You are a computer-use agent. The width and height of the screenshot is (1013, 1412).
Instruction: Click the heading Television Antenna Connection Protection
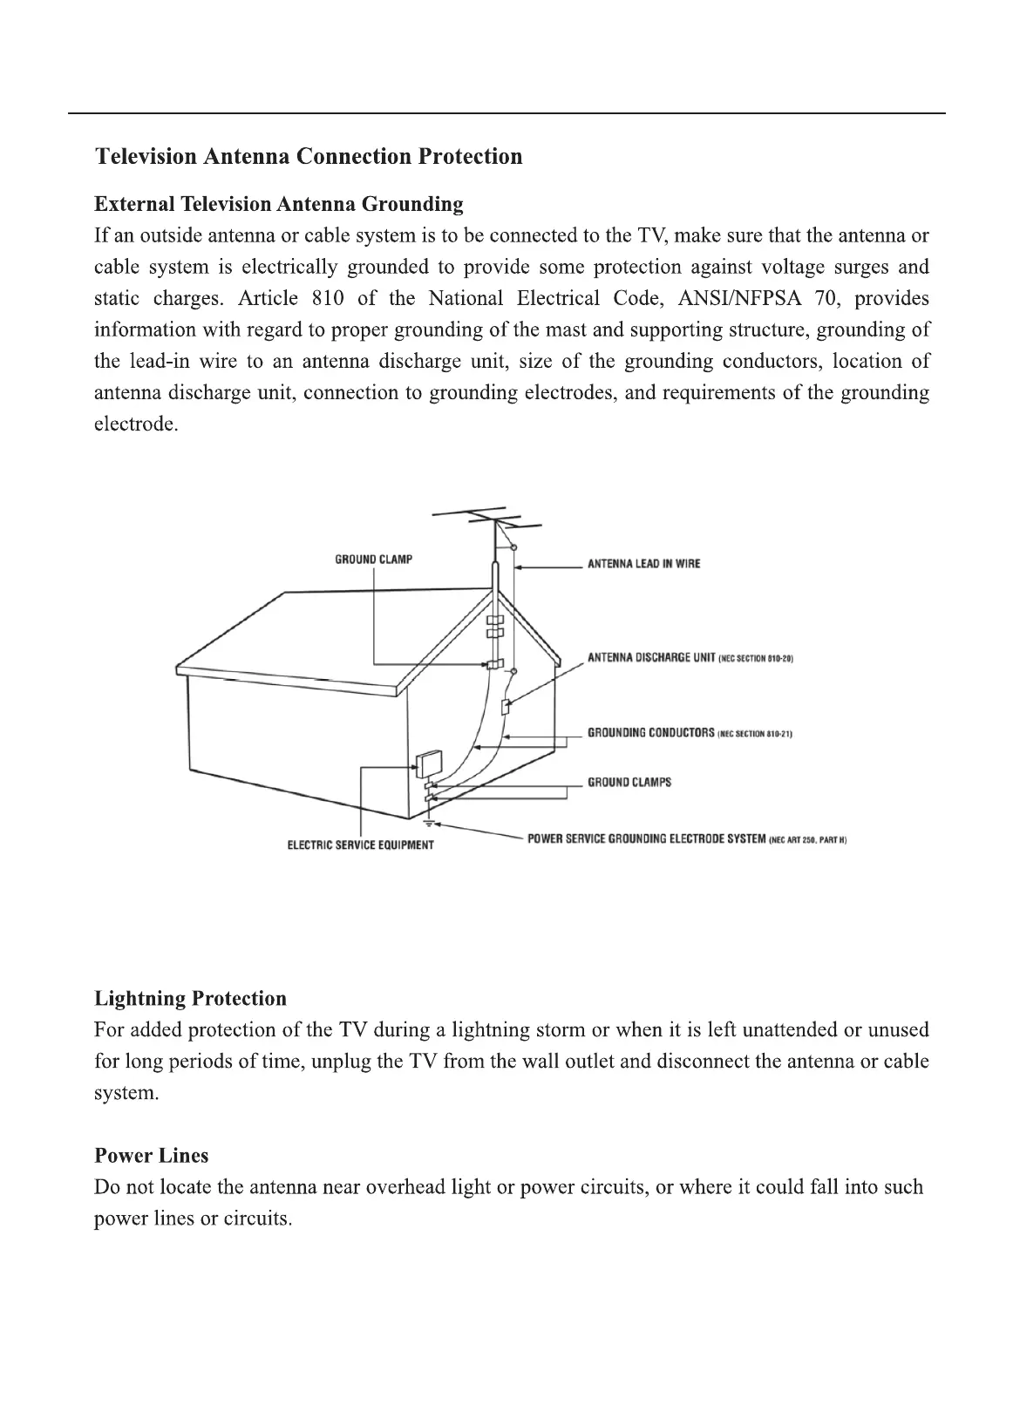[309, 157]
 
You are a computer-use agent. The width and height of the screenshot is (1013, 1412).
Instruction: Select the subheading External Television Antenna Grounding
[278, 205]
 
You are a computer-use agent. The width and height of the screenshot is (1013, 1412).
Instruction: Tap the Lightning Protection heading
[190, 999]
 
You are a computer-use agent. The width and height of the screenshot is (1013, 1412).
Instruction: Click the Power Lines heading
[151, 1156]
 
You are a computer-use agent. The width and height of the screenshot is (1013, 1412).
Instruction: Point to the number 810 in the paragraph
[327, 299]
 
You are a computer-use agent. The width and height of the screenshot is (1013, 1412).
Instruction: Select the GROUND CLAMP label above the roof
[373, 560]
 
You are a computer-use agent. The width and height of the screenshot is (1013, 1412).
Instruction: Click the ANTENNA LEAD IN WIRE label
[643, 564]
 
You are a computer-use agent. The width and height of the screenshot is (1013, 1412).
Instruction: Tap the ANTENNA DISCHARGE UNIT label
[651, 657]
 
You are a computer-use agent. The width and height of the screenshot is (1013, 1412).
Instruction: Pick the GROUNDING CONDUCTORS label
[650, 733]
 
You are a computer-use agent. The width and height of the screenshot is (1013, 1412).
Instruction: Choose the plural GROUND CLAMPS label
[629, 783]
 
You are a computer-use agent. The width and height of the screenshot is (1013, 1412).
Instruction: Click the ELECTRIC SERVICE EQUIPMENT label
[360, 845]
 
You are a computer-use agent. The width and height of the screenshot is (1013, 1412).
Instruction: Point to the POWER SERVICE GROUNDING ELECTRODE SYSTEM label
[646, 839]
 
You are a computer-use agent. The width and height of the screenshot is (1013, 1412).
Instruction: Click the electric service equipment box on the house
[428, 764]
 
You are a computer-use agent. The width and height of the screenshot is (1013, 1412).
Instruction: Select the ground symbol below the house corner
[428, 823]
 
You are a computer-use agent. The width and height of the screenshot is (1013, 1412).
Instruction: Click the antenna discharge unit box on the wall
[505, 706]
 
